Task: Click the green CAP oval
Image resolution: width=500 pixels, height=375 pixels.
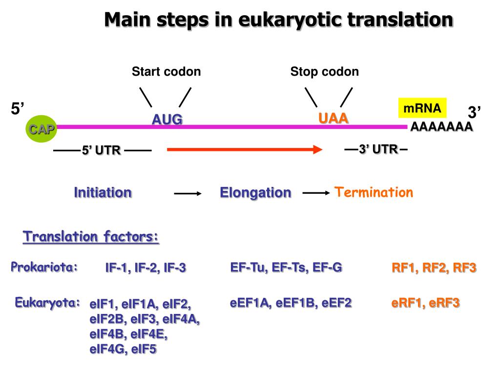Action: tap(42, 129)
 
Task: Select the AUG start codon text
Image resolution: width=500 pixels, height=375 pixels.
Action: tap(167, 119)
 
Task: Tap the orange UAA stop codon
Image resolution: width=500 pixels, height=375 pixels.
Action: tap(333, 118)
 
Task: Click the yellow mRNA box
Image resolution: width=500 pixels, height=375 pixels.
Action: tap(422, 108)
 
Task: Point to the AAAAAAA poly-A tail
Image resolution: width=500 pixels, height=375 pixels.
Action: tap(441, 127)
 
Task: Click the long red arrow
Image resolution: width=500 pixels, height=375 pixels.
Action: tap(244, 150)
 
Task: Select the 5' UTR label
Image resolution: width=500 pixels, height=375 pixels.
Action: tap(101, 150)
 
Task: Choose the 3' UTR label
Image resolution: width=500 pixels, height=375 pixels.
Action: tap(378, 149)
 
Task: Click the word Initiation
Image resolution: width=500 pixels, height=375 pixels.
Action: tap(103, 192)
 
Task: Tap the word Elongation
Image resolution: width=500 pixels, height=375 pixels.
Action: tap(255, 192)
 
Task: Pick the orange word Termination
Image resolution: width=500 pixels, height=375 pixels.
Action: tap(374, 192)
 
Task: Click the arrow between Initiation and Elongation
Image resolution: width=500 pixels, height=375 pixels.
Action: tap(188, 194)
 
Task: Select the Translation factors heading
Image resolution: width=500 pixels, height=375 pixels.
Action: tap(91, 237)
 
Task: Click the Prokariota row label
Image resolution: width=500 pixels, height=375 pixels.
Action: tap(44, 267)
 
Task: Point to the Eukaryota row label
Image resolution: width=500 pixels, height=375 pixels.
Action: tap(47, 302)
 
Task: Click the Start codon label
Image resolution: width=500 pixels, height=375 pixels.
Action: tap(166, 72)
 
